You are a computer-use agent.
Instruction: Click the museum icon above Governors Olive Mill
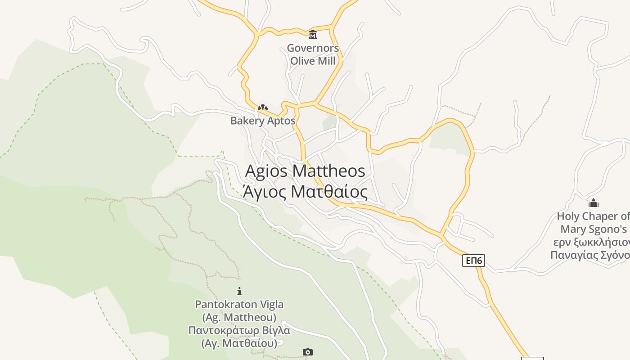tap(312, 34)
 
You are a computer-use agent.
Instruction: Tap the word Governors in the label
tap(313, 48)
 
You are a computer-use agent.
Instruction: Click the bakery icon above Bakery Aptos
tap(263, 108)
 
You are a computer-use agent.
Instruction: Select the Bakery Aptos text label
tap(263, 121)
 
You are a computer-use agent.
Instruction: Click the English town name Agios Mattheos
tap(305, 171)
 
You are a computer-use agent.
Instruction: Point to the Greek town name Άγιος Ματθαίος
tap(305, 192)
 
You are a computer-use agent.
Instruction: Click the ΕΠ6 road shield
tap(473, 261)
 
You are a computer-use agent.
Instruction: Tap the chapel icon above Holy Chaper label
tap(594, 203)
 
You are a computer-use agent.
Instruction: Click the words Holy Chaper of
tap(593, 216)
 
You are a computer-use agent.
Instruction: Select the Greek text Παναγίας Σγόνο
tap(589, 255)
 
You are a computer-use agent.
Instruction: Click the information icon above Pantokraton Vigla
tap(239, 291)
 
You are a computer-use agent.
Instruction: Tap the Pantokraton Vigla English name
tap(239, 305)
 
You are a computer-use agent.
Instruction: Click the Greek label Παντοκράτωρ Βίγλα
tap(239, 330)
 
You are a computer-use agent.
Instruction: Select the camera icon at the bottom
tap(308, 352)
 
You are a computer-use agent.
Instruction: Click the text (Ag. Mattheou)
tap(239, 317)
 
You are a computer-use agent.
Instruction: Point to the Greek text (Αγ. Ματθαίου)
tap(239, 343)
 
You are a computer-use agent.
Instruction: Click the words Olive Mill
tap(313, 61)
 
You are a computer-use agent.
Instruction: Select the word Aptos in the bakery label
tap(281, 121)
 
